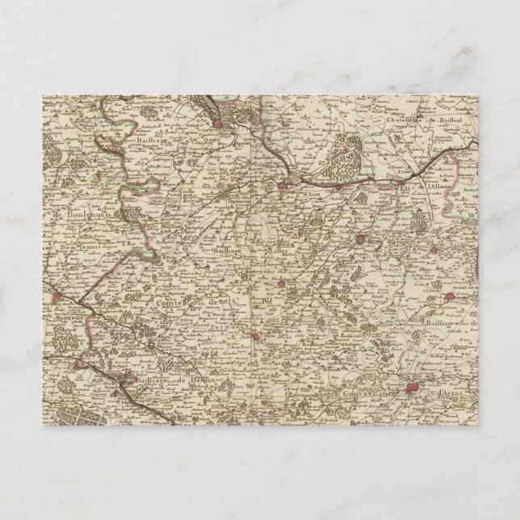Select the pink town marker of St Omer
[x=219, y=124]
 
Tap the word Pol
[x=271, y=296]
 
